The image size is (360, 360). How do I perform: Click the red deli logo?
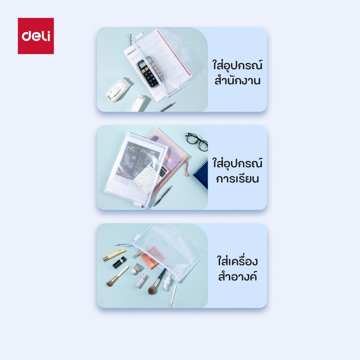coord(36,36)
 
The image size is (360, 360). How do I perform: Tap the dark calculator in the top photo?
coord(150,71)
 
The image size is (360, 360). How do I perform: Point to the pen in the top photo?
coord(168,107)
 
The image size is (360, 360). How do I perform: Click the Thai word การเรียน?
coord(237,179)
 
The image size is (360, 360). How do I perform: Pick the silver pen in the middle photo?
coord(162,195)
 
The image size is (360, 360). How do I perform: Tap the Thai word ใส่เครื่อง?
coord(237,261)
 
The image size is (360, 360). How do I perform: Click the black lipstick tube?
coord(120,263)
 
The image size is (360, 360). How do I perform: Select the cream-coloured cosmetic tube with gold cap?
coord(114,255)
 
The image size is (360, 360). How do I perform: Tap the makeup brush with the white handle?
coord(117,276)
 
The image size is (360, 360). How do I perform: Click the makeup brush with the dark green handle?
coord(157,282)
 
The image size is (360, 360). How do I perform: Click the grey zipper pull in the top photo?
coord(130,38)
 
